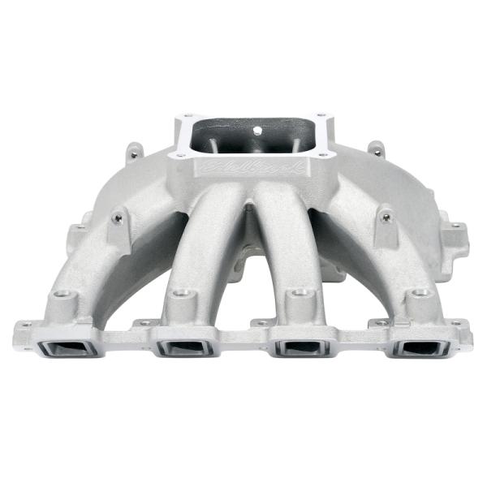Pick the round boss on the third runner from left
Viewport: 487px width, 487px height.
302,292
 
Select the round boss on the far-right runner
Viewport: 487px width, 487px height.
420,294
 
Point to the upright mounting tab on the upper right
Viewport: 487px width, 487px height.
376,149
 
